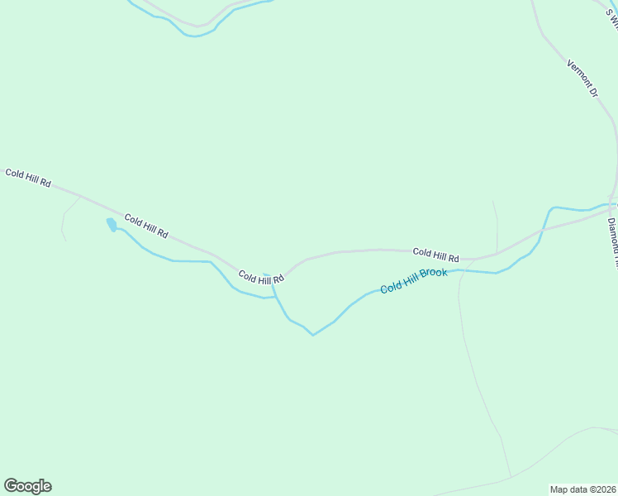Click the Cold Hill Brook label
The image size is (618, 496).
click(414, 281)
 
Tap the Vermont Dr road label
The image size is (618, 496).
click(582, 78)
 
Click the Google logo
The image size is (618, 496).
click(27, 486)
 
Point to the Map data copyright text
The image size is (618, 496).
click(582, 489)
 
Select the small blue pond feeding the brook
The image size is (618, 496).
click(112, 224)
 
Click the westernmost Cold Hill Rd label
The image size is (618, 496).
click(28, 177)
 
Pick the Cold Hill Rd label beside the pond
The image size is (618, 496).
click(146, 226)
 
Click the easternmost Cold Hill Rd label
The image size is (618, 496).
click(435, 255)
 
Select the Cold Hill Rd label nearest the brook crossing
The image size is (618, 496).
click(261, 278)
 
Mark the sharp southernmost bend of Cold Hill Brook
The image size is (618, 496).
click(312, 335)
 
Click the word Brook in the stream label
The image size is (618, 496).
click(434, 275)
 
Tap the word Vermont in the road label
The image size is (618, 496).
click(578, 71)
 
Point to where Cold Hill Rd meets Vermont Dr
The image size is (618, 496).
click(612, 203)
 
